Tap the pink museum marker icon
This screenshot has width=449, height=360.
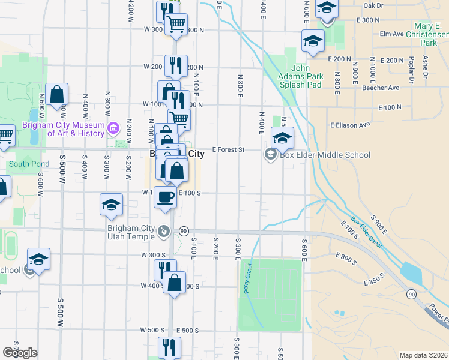point(113,128)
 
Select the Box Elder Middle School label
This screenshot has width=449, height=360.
point(325,155)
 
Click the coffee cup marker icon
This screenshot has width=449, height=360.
point(165,196)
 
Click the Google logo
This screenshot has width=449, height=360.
point(20,353)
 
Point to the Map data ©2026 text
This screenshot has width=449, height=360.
point(423,355)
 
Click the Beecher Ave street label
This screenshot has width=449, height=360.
point(381,88)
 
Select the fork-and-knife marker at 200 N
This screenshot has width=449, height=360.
point(176,65)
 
